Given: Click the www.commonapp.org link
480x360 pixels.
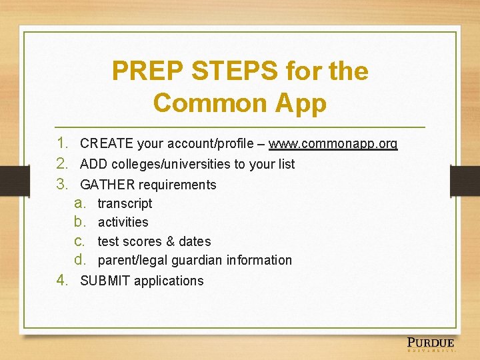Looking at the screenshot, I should point(333,143).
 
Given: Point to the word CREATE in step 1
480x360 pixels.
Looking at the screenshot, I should point(105,143).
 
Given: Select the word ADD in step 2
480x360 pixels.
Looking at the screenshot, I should point(93,164).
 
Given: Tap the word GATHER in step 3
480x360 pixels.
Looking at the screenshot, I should point(107,185).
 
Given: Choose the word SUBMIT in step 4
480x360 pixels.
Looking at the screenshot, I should point(105,281).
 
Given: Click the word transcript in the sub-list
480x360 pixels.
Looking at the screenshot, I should point(125,203).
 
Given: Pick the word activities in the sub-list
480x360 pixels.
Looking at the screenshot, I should point(123,222).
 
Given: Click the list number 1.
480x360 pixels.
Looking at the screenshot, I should point(62,143).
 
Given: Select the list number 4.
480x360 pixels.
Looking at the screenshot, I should point(62,280).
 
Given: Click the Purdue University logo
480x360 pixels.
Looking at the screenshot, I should point(431,345).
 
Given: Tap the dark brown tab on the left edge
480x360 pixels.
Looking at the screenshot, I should point(9,181).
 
